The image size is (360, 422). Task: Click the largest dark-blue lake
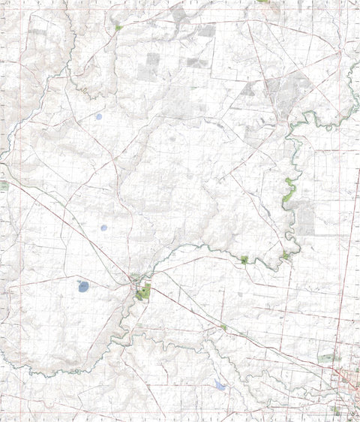click(83, 286)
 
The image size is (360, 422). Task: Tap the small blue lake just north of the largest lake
click(103, 228)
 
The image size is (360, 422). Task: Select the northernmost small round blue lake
click(98, 116)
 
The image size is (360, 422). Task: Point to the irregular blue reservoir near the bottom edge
click(220, 385)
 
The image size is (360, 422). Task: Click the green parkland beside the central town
click(142, 293)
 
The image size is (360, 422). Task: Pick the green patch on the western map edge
click(3, 185)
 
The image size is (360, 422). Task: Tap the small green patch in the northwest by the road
click(118, 28)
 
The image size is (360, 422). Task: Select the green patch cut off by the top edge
click(262, 2)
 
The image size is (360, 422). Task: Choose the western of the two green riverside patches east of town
click(244, 259)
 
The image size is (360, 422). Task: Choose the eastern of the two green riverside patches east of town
click(286, 256)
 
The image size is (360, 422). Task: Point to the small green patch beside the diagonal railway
click(223, 327)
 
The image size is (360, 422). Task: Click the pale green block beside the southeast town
click(325, 359)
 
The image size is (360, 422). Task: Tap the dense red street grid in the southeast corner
click(346, 379)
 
